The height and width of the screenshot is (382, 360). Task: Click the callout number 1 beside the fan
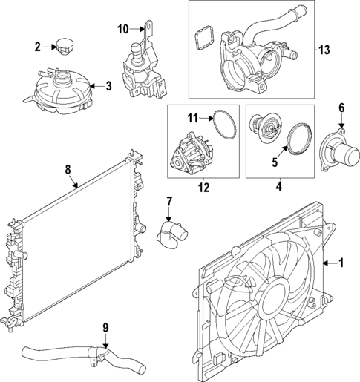[341, 262]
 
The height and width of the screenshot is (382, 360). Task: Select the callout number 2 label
[37, 47]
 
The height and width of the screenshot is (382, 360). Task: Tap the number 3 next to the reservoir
[108, 86]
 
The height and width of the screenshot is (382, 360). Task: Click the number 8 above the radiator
[68, 170]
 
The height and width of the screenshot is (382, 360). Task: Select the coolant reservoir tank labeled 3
[62, 93]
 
